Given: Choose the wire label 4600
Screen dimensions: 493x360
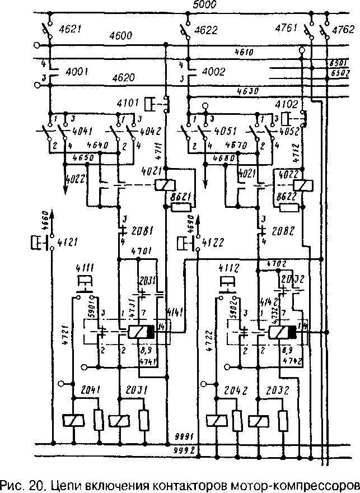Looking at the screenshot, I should click(x=120, y=36).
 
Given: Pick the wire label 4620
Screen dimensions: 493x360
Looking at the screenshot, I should click(x=123, y=78).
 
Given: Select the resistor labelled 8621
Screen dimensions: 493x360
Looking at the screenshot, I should click(x=180, y=207).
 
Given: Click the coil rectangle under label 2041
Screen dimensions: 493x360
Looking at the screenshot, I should click(x=73, y=420).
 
